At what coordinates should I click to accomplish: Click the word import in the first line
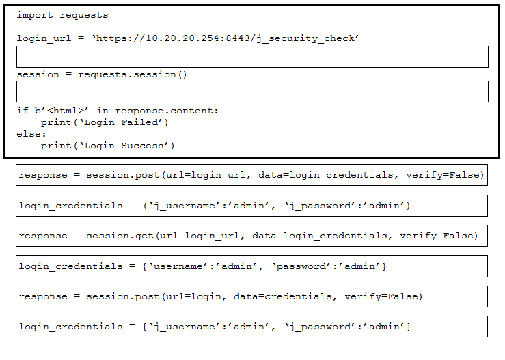35,15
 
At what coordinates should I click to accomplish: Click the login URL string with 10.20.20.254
226,38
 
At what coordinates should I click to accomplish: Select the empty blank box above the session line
253,57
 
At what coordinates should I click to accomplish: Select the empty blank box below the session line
253,92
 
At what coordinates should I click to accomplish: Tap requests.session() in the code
133,74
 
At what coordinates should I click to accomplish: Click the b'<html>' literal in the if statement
62,111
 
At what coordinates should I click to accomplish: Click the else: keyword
31,134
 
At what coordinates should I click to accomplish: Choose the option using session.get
252,236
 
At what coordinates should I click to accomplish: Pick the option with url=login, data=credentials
252,296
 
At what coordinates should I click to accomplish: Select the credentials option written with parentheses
252,206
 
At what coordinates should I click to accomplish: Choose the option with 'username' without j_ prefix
252,266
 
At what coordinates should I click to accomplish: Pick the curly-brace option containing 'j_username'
252,327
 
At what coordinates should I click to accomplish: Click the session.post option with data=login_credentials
252,175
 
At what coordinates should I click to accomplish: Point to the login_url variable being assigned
44,38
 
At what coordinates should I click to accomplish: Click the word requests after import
84,16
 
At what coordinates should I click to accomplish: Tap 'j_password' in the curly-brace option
317,327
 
